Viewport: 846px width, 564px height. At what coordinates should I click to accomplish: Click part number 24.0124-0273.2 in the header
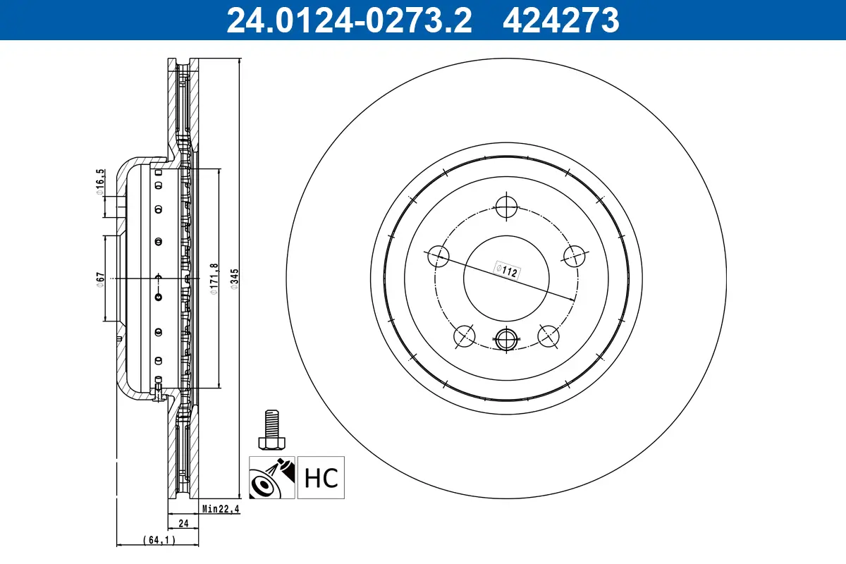coord(347,20)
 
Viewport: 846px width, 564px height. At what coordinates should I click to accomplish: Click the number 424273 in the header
coord(560,20)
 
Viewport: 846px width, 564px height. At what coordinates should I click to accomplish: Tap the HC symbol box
coord(321,477)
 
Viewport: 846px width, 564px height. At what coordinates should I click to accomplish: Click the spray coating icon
coord(272,477)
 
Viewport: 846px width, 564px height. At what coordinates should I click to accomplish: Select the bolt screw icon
coord(271,430)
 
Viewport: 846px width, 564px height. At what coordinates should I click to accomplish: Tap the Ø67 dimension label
coord(101,279)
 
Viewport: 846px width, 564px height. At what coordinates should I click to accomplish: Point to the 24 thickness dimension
coord(183,523)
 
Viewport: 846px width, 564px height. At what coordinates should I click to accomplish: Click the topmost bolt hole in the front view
coord(506,206)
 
